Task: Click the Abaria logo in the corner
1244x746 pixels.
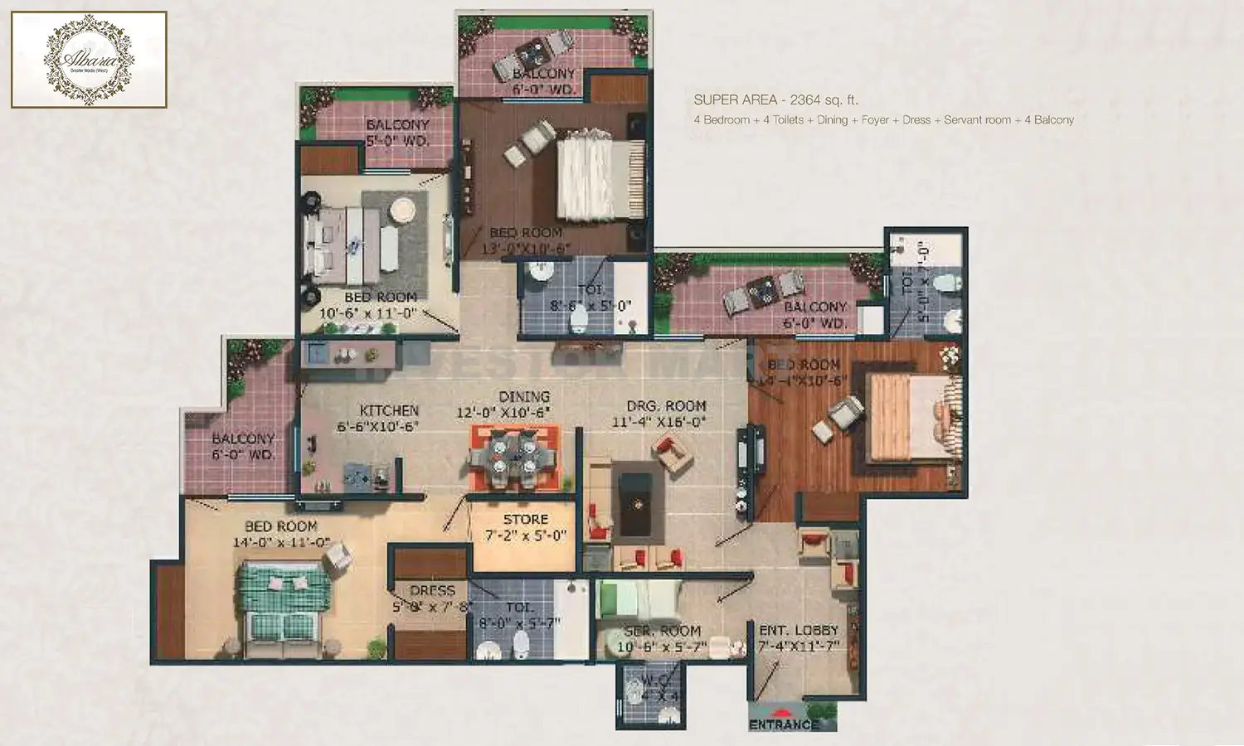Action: [x=89, y=59]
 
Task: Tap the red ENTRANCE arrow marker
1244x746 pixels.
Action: [x=781, y=711]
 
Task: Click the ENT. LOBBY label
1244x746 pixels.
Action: [x=799, y=631]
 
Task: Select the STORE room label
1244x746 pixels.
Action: [x=526, y=520]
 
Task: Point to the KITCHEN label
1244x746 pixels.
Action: [x=389, y=410]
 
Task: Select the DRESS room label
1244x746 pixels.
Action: [x=432, y=591]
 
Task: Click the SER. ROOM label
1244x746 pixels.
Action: [x=663, y=631]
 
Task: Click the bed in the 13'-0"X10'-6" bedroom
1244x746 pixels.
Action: [x=597, y=178]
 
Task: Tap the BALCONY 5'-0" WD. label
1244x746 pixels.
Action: [x=397, y=133]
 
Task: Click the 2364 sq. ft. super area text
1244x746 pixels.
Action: [x=824, y=100]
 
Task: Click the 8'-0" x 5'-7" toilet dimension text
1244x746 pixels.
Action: [x=520, y=623]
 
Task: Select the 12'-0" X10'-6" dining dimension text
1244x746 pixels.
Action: [x=503, y=413]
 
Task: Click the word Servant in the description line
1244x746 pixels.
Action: [x=977, y=120]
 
